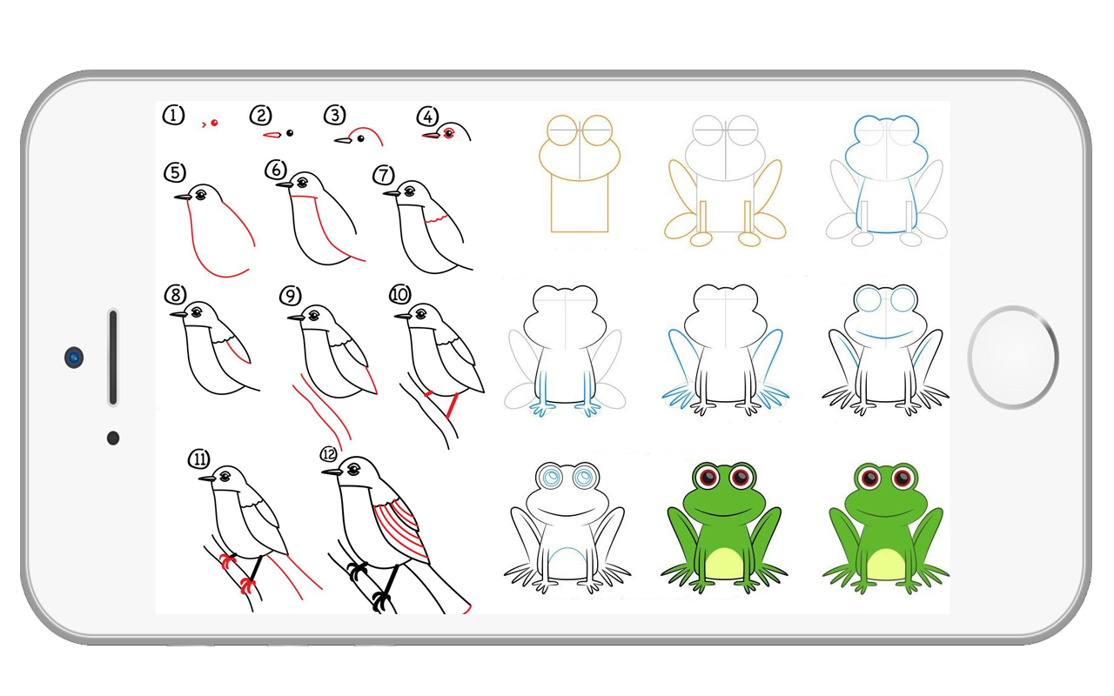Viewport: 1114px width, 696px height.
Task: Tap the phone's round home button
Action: pyautogui.click(x=1013, y=358)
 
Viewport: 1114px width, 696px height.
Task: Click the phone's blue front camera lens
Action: pyautogui.click(x=74, y=358)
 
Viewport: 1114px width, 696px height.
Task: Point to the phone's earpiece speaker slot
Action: pyautogui.click(x=113, y=357)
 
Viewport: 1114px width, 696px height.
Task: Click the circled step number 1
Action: pyautogui.click(x=173, y=116)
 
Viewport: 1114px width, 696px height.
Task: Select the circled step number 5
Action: pyautogui.click(x=175, y=172)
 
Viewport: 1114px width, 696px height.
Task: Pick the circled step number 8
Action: pyautogui.click(x=176, y=295)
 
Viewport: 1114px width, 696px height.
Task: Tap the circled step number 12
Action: pyautogui.click(x=329, y=454)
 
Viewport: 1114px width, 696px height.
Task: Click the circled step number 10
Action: pyautogui.click(x=399, y=294)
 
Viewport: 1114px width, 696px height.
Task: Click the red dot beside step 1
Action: pyautogui.click(x=214, y=123)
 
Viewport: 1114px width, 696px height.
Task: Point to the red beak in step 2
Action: pyautogui.click(x=272, y=135)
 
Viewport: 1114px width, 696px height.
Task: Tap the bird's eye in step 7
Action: pyautogui.click(x=410, y=190)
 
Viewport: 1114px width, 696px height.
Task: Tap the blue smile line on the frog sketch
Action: pyautogui.click(x=886, y=335)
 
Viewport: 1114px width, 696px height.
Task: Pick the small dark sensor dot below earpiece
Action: pyautogui.click(x=113, y=438)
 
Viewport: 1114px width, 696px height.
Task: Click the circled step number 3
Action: pyautogui.click(x=335, y=116)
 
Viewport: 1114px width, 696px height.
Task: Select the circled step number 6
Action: pyautogui.click(x=276, y=170)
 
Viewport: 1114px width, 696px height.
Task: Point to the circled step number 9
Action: pyautogui.click(x=291, y=296)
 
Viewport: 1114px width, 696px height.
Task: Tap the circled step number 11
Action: pyautogui.click(x=199, y=458)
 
